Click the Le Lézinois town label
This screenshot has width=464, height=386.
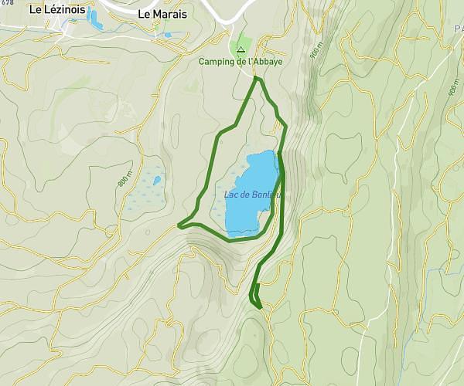pos(56,10)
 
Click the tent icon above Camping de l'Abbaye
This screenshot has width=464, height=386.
pos(241,49)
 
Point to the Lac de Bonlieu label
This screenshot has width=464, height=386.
pos(252,195)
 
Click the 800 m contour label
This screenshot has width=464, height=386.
pos(122,181)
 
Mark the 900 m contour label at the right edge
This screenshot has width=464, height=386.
pos(452,87)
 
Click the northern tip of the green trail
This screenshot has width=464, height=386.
pos(258,79)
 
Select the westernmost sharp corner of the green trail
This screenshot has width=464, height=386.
pos(179,226)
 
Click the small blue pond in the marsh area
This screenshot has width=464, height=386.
pos(157,181)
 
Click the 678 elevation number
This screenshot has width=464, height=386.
pos(7,3)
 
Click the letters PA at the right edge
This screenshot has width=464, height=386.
pos(457,29)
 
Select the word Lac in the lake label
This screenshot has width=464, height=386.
pos(231,195)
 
